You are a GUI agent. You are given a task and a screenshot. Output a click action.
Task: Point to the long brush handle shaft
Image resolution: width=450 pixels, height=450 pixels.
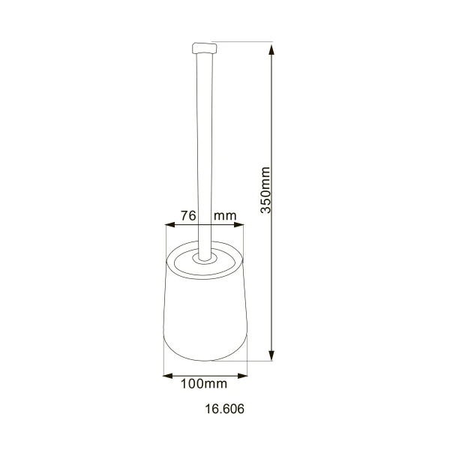click(x=204, y=150)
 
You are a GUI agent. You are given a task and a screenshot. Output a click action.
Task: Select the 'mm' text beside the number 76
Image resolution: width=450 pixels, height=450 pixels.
click(x=225, y=216)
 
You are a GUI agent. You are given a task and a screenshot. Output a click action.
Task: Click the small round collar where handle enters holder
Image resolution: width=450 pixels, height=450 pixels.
click(x=203, y=259)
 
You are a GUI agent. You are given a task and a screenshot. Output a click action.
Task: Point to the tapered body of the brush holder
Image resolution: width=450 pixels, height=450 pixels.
click(x=204, y=315)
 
